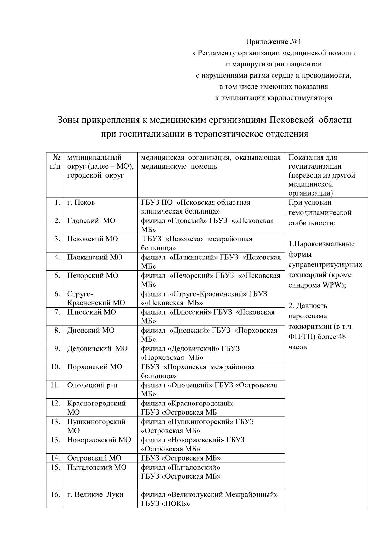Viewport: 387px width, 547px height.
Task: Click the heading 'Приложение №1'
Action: [273, 42]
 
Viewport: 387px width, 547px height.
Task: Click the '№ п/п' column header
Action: [55, 162]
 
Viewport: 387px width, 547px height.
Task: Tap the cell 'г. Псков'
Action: [81, 203]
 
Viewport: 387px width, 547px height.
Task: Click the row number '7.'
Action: [57, 312]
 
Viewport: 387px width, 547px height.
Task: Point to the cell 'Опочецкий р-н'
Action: [92, 385]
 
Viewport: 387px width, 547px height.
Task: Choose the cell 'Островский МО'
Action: [94, 458]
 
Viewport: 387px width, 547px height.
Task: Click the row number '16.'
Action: [55, 494]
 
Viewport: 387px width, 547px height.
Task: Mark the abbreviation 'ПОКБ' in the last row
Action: [176, 504]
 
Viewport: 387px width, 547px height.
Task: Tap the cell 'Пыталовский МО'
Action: [97, 467]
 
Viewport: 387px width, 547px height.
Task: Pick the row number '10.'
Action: [55, 367]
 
